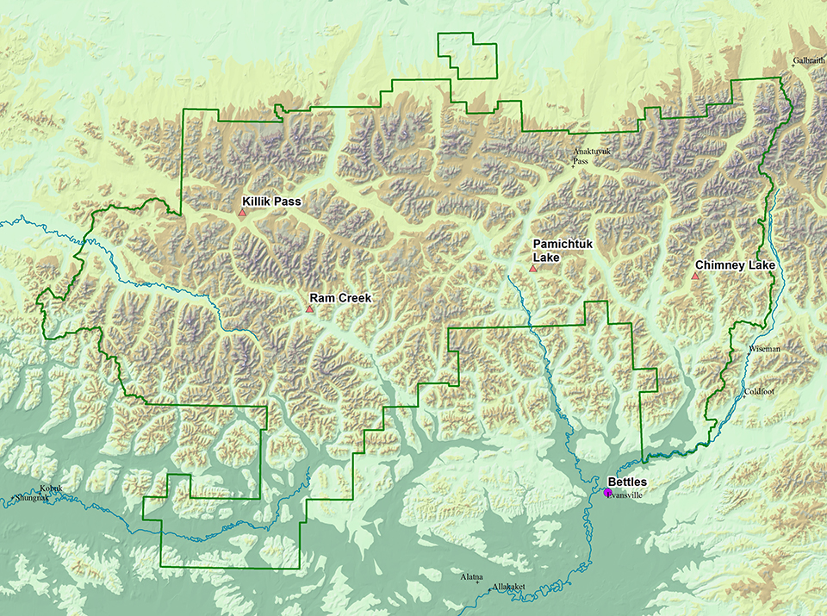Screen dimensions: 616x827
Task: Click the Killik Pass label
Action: point(272,201)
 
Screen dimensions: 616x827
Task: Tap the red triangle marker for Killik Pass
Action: point(243,212)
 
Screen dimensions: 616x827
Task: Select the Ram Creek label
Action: point(341,298)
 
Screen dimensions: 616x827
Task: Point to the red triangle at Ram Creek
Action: point(310,308)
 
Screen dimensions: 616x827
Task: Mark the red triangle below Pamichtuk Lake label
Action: point(533,270)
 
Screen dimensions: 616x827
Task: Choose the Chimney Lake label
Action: point(735,265)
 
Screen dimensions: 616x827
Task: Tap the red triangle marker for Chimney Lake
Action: point(695,277)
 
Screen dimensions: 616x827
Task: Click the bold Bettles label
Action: point(626,482)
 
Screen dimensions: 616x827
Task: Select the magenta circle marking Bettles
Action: point(607,493)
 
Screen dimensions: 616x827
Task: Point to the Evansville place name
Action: point(628,497)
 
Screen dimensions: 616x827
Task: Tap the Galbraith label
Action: point(809,60)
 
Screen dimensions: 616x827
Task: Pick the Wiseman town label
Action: point(764,349)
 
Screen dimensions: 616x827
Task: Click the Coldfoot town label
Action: point(759,392)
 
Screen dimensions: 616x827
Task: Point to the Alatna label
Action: point(471,576)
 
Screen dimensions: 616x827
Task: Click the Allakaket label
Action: point(509,587)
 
